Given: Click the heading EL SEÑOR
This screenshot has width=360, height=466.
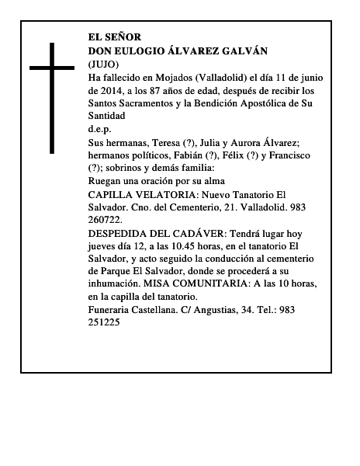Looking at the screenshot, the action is [x=115, y=37].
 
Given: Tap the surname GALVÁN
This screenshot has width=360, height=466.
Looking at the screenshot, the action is [x=243, y=50].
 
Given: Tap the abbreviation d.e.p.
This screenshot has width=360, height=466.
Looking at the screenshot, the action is [x=100, y=130].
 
